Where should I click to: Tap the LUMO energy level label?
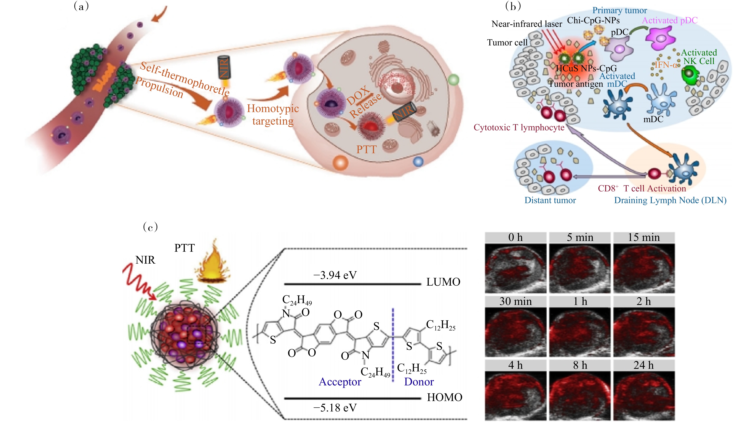pos(443,282)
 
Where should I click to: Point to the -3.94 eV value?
pos(335,275)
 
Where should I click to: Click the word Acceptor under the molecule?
pos(340,382)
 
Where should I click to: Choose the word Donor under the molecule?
pos(419,382)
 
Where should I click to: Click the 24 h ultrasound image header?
pos(644,365)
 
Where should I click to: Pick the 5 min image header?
pos(580,237)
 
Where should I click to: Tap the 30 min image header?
pos(516,301)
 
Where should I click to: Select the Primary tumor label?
pos(620,10)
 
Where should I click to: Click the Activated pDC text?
pos(670,20)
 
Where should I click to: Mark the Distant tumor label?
pos(550,200)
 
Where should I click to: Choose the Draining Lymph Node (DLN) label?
pos(670,200)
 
